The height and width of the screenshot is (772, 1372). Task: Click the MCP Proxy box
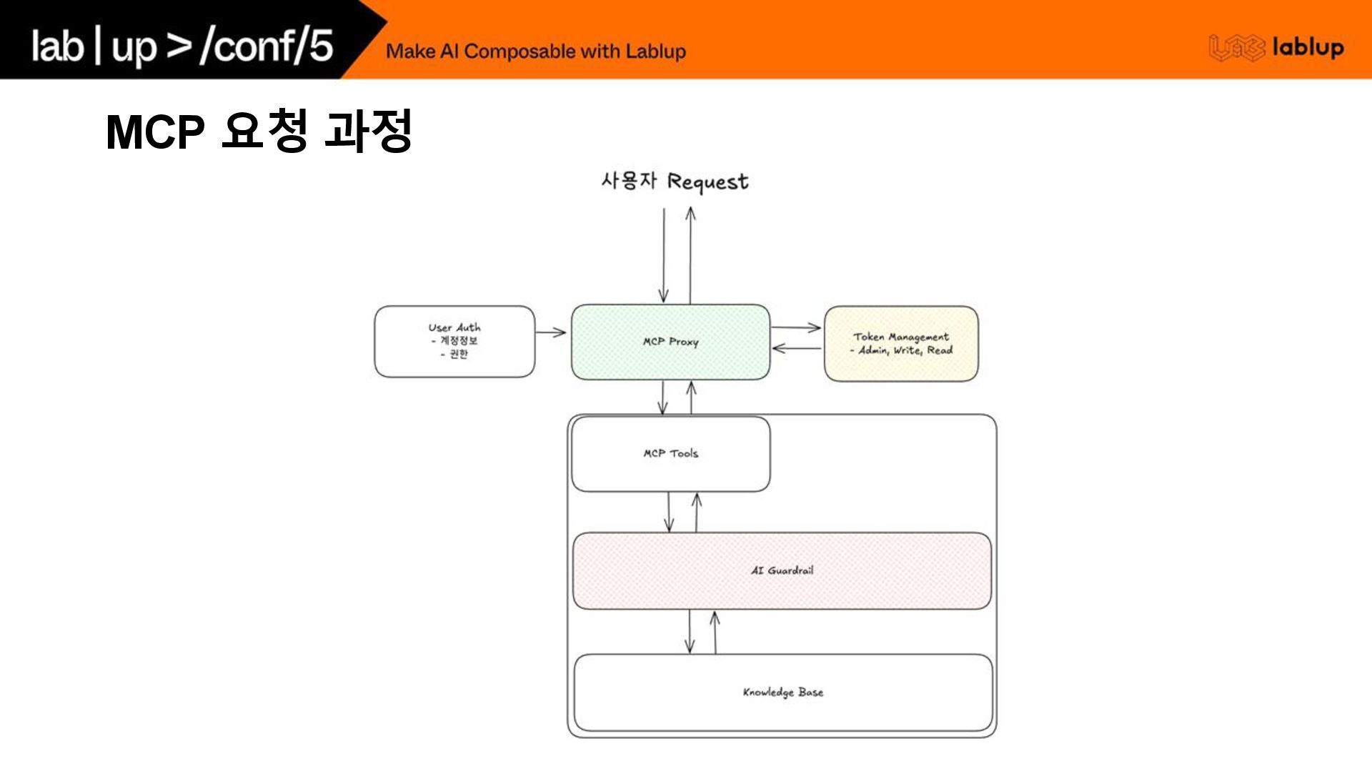670,342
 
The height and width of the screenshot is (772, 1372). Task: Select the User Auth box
454,341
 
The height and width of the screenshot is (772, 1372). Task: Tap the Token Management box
901,343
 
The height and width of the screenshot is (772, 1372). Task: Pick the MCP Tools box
670,454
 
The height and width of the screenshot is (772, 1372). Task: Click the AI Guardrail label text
782,570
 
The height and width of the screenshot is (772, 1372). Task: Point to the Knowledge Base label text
782,692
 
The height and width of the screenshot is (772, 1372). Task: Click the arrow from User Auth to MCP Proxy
551,332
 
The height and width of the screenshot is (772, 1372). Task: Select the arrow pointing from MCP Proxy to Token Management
796,327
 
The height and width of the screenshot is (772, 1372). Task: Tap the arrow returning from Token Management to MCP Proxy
796,349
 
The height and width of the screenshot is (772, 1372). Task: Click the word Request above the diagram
707,182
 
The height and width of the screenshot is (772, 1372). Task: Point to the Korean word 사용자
628,180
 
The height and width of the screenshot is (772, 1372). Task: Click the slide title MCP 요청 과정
259,131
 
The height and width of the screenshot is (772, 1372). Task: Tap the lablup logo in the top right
1276,47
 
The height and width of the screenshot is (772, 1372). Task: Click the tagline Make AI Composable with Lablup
535,51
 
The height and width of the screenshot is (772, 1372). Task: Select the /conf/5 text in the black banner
267,45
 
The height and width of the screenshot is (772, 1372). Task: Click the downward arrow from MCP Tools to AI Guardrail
669,512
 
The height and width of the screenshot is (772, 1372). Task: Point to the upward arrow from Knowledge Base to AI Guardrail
715,632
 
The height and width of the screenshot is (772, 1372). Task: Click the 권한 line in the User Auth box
455,354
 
